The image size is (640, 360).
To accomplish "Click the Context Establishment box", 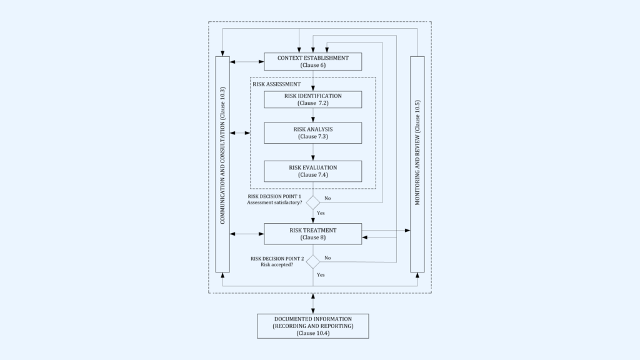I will [312, 61].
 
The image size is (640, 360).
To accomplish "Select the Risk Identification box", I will [312, 99].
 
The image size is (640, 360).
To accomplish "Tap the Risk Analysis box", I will [312, 132].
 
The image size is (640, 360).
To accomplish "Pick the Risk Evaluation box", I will [312, 171].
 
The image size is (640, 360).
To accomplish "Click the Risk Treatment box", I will [312, 234].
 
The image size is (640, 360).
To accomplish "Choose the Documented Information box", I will [312, 326].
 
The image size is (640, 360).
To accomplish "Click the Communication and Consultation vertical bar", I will [222, 164].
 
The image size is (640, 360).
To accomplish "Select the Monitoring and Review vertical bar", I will [417, 164].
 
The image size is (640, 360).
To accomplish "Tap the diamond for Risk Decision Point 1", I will [312, 202].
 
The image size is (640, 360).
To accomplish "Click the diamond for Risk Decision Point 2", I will [312, 262].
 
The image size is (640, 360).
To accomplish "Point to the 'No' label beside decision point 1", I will [327, 198].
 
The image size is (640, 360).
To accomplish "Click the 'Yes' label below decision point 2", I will [321, 275].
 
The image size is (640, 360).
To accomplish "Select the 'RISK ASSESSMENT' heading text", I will [276, 83].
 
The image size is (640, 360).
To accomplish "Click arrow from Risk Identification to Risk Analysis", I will [312, 115].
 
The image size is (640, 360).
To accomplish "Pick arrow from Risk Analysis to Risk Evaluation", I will [312, 152].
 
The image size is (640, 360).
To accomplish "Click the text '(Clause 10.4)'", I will [312, 334].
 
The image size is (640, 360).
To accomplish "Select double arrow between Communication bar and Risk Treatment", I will [247, 234].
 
